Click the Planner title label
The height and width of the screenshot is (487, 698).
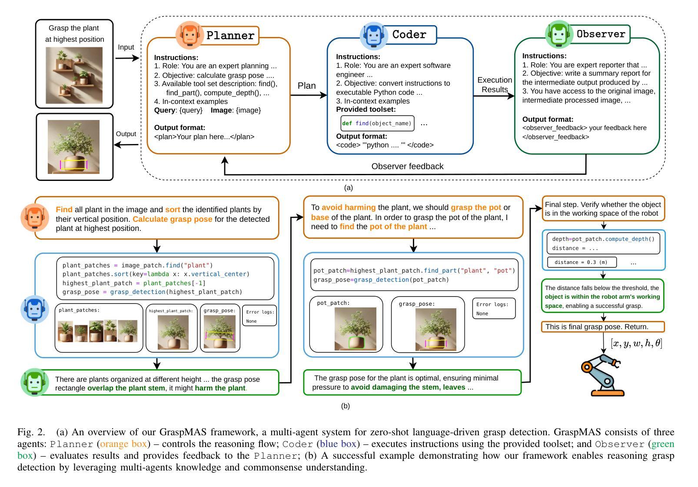(231, 36)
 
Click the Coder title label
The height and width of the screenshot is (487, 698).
(409, 35)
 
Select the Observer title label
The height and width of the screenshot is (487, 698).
(601, 34)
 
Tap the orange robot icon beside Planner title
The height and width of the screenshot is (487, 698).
(190, 35)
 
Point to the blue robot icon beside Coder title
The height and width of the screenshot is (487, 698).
(374, 36)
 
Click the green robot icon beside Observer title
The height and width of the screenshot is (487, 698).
(559, 34)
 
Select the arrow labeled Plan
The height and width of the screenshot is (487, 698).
(309, 95)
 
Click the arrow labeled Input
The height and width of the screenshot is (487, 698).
(127, 58)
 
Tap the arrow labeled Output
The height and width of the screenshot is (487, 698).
(126, 145)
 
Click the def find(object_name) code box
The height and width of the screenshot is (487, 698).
(377, 123)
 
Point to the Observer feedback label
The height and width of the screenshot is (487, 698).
(407, 166)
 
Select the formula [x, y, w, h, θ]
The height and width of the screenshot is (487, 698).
(636, 343)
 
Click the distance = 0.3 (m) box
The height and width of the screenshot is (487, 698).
(582, 262)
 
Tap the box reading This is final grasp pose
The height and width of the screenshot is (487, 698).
(603, 327)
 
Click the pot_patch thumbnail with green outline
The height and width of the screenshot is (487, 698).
(355, 329)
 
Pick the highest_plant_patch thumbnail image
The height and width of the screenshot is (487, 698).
(173, 332)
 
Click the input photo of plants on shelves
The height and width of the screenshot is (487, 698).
(74, 76)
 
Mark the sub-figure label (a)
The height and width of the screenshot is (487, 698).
(349, 188)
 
